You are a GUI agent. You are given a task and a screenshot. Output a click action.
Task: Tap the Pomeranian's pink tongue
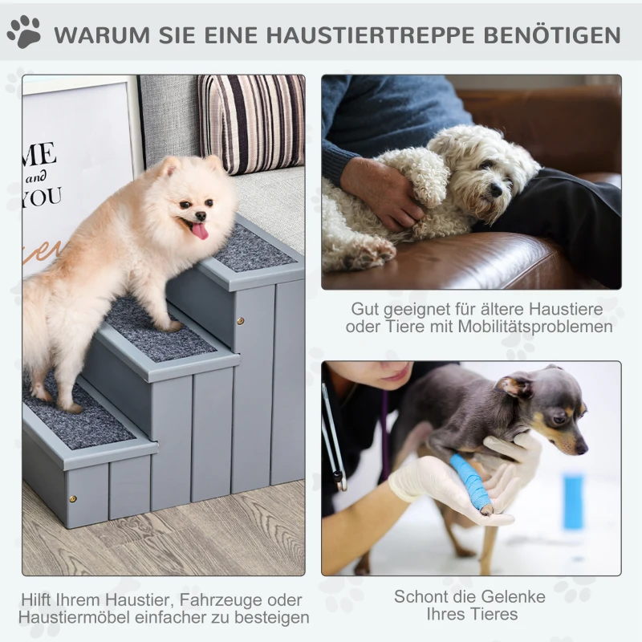coord(199,231)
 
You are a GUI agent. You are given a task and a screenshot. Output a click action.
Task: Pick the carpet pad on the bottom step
coord(80,421)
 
